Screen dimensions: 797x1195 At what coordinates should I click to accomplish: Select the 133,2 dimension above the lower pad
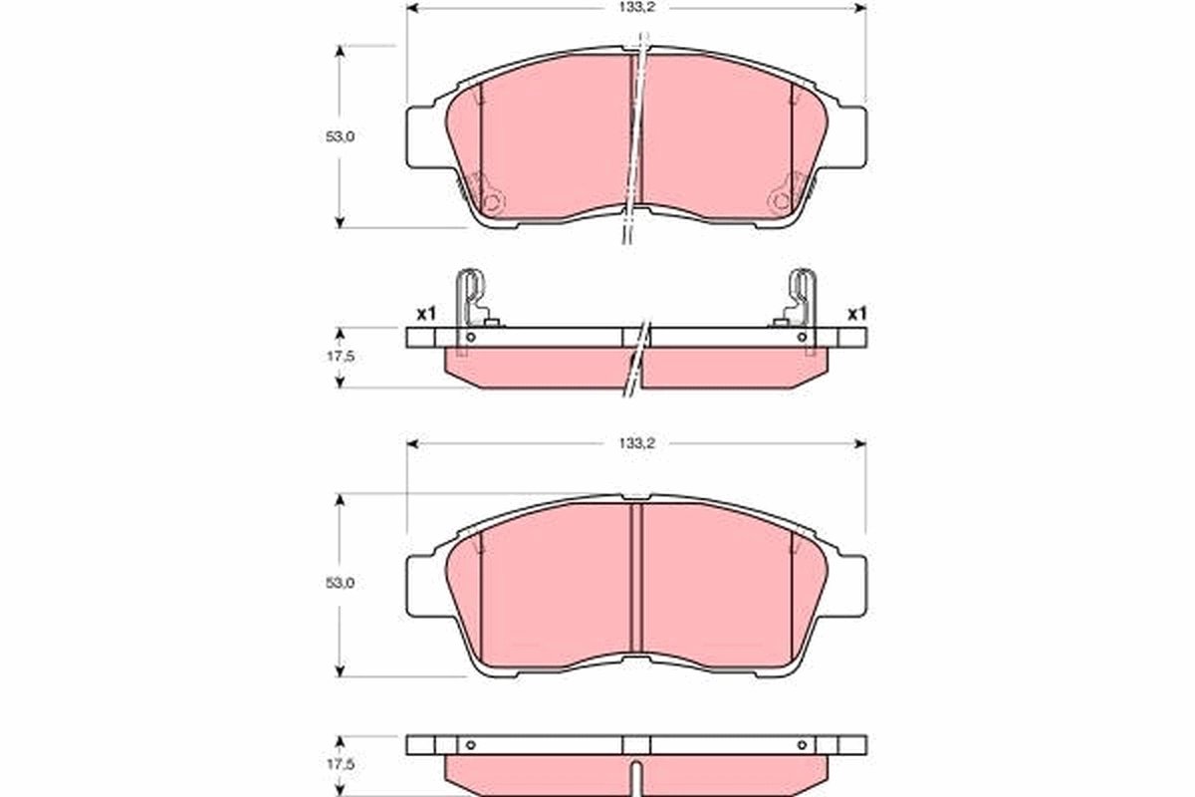tap(635, 444)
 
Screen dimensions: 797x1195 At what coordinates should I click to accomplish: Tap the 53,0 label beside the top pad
tap(341, 137)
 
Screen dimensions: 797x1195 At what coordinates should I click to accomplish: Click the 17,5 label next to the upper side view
tap(342, 355)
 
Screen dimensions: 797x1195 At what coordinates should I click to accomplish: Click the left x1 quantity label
tap(426, 314)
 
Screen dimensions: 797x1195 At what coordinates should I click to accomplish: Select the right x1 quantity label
tap(856, 314)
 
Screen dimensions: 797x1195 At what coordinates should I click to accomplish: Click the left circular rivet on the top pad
tap(492, 202)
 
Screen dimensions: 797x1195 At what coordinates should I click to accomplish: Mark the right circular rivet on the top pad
tap(780, 202)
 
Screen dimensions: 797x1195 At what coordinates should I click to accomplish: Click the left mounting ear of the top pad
tap(422, 136)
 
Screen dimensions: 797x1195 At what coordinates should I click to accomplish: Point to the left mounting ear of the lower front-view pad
tap(422, 585)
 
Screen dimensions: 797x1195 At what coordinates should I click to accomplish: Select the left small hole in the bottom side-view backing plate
tap(471, 744)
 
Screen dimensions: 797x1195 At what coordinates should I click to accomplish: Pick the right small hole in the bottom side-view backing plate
tap(801, 744)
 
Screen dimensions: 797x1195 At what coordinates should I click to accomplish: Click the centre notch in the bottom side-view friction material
tap(635, 773)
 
